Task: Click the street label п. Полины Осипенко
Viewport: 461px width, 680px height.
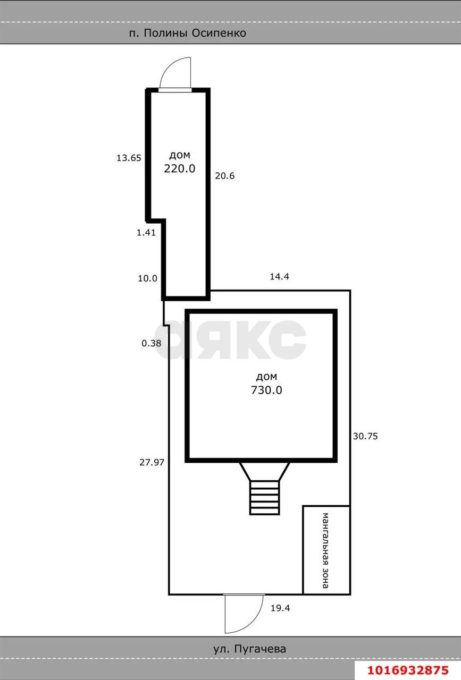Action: pyautogui.click(x=188, y=33)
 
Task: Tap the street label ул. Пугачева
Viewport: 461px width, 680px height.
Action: pyautogui.click(x=249, y=649)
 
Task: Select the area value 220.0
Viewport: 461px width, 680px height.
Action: pyautogui.click(x=180, y=168)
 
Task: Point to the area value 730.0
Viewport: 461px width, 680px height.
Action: pyautogui.click(x=266, y=390)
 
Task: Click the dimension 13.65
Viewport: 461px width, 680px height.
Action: pyautogui.click(x=129, y=158)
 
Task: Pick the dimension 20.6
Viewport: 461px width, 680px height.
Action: pyautogui.click(x=224, y=176)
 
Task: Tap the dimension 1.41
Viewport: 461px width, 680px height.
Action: pyautogui.click(x=146, y=233)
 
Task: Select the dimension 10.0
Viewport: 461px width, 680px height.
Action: pyautogui.click(x=147, y=278)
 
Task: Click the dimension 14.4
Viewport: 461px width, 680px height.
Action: pyautogui.click(x=279, y=277)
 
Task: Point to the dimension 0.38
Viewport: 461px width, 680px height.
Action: pyautogui.click(x=152, y=343)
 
